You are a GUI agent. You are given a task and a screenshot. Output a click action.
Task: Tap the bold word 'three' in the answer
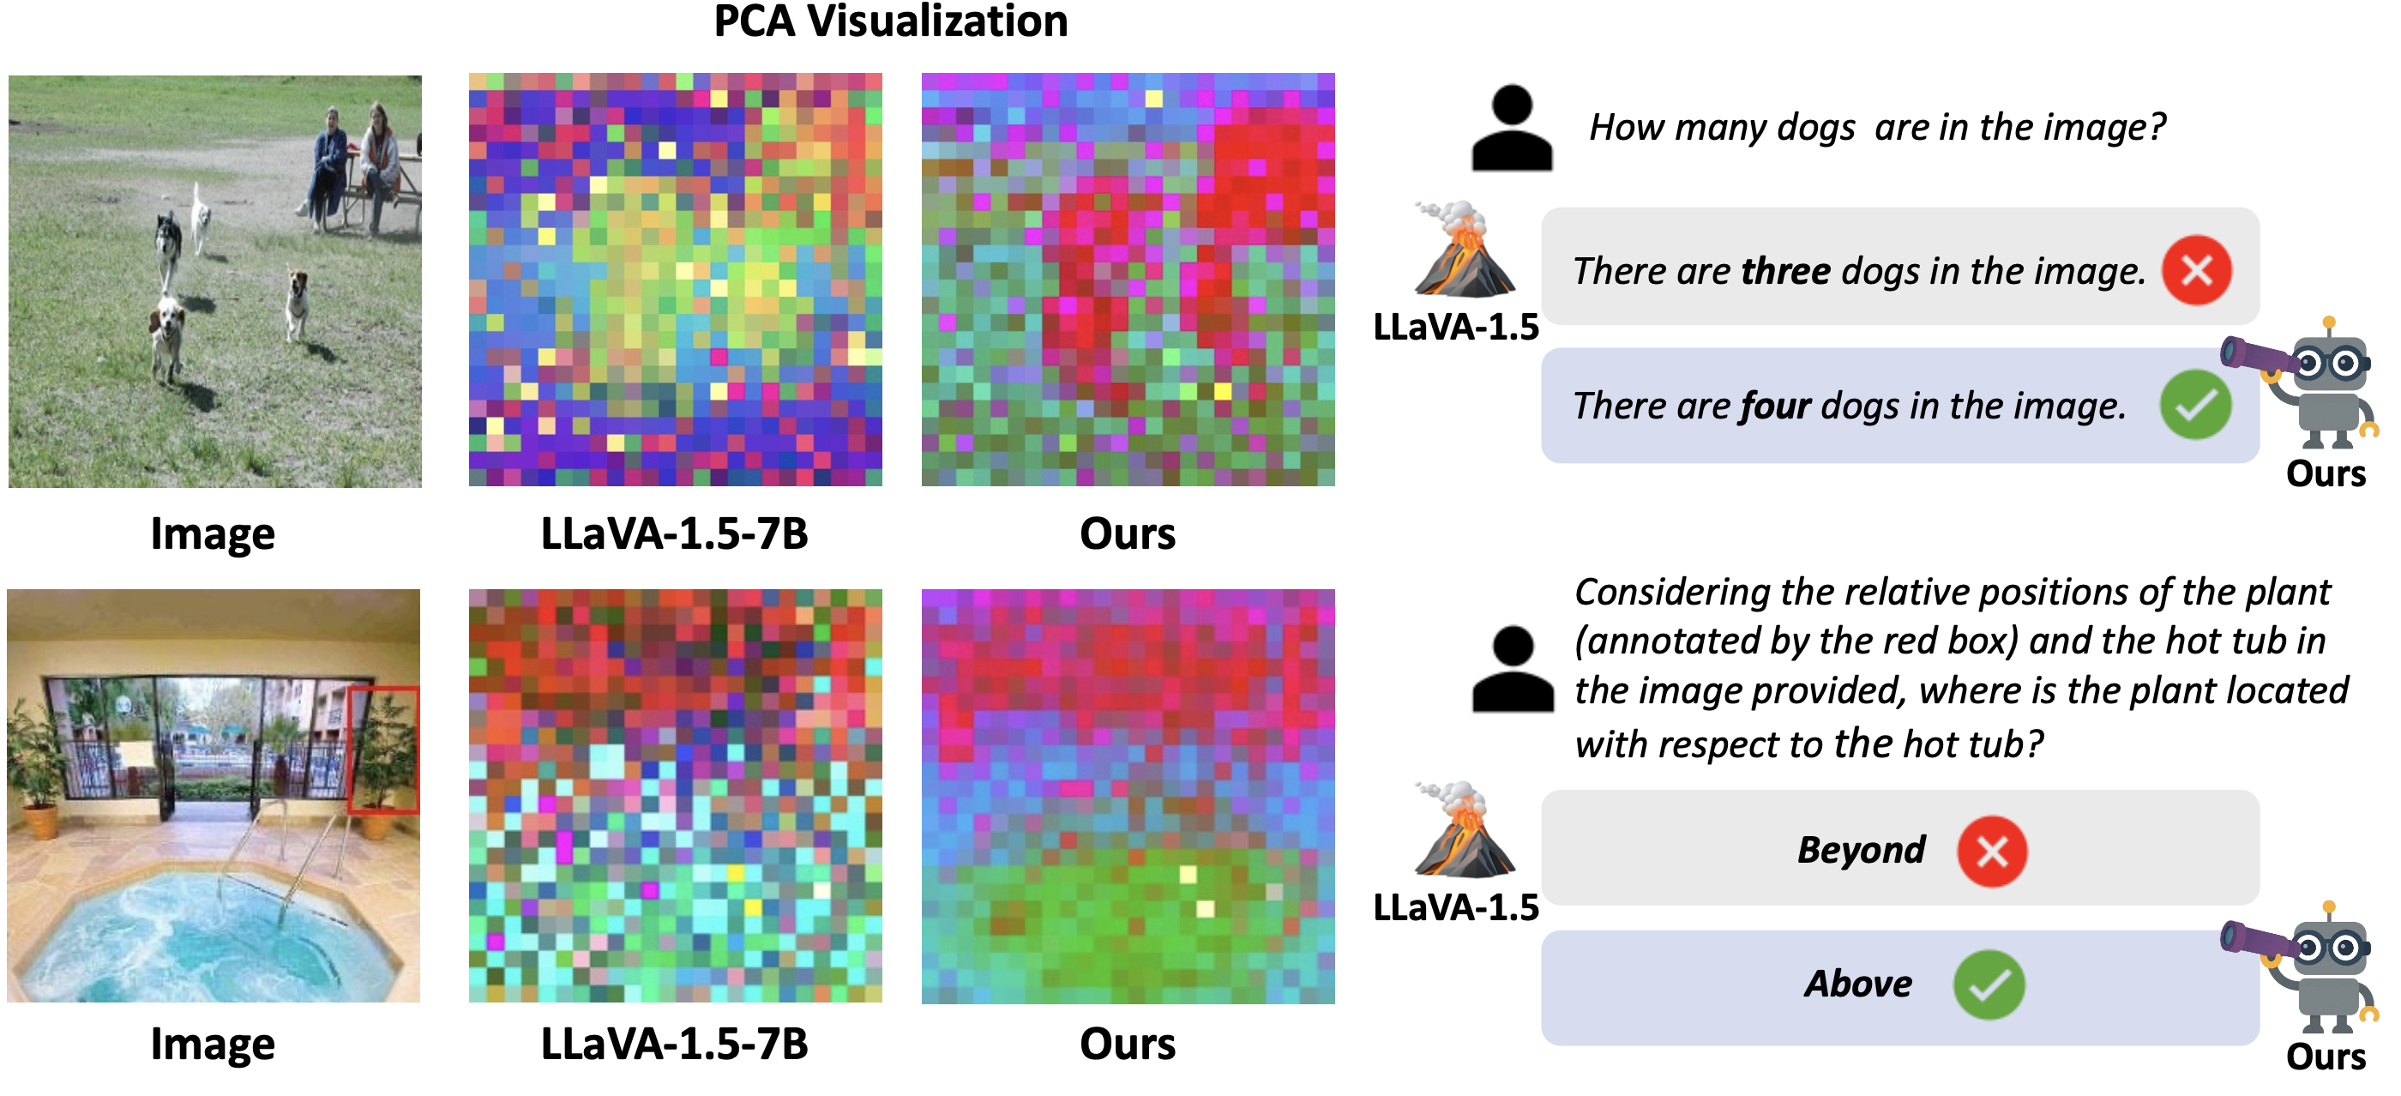1785,271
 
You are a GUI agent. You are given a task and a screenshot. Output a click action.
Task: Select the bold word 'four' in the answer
1775,406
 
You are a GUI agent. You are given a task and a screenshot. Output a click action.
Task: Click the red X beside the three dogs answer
2196,270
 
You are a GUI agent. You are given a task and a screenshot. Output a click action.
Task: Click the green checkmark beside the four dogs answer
2195,405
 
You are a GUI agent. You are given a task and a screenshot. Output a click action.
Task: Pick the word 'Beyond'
1861,850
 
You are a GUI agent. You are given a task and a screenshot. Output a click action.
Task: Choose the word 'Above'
1857,985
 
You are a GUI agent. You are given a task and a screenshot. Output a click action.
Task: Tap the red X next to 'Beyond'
1991,851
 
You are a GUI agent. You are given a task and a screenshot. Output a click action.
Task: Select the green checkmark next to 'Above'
1989,985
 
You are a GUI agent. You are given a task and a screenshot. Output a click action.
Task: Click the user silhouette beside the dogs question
1512,128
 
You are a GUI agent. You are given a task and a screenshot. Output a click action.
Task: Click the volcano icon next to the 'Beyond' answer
1464,829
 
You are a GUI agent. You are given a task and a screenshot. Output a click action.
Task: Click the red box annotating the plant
383,751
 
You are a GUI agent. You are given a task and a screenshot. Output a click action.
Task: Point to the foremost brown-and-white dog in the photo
165,335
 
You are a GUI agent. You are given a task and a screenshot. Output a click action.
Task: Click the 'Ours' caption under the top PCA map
1127,534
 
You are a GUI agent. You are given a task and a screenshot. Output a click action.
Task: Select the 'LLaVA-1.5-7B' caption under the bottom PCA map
674,1044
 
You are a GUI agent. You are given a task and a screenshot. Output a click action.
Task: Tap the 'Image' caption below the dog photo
213,534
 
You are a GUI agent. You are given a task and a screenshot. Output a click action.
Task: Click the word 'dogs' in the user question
1815,128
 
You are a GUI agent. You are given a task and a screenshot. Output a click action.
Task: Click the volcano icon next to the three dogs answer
1464,249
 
